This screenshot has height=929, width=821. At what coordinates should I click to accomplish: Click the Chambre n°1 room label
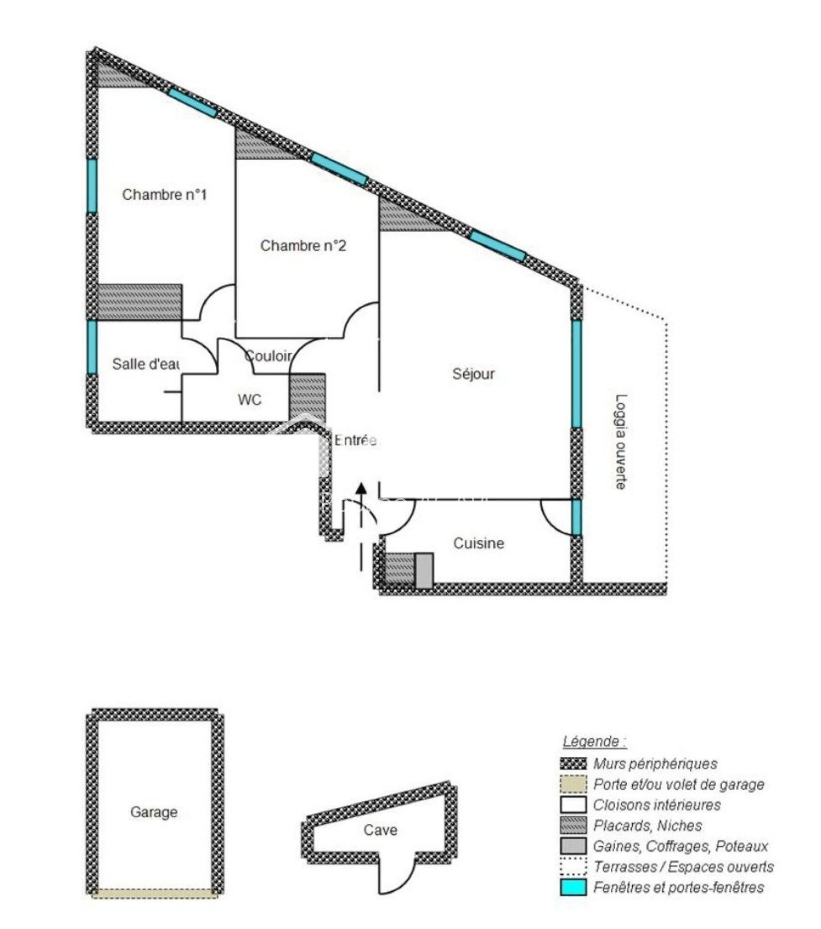tap(164, 195)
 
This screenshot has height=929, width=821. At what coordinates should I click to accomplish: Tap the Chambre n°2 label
tap(303, 246)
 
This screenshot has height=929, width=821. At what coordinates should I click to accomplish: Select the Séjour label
tap(473, 374)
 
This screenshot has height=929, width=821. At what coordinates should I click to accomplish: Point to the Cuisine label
tap(478, 543)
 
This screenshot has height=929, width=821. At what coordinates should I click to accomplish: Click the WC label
tap(249, 400)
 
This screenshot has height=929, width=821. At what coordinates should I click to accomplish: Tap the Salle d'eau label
tap(146, 364)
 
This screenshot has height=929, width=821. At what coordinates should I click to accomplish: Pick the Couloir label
tap(269, 356)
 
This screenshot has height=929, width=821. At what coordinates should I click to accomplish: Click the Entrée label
tap(356, 440)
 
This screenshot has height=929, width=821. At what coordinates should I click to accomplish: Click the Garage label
tap(154, 812)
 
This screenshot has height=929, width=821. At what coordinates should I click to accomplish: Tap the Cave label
tap(380, 830)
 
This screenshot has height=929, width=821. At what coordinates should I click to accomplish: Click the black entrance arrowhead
tap(361, 490)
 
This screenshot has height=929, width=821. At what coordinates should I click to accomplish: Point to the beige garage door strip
tap(155, 894)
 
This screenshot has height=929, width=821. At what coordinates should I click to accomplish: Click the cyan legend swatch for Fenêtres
tap(573, 887)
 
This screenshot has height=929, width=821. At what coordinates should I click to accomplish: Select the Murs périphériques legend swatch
tap(573, 764)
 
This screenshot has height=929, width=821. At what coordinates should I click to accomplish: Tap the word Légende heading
tap(594, 741)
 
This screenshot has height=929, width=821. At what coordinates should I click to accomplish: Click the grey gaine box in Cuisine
tap(424, 571)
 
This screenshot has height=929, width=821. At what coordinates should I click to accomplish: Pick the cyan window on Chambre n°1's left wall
tap(92, 186)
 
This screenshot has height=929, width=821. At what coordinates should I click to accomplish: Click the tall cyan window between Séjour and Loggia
tap(576, 374)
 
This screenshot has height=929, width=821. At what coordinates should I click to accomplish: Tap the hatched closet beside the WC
tap(307, 397)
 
